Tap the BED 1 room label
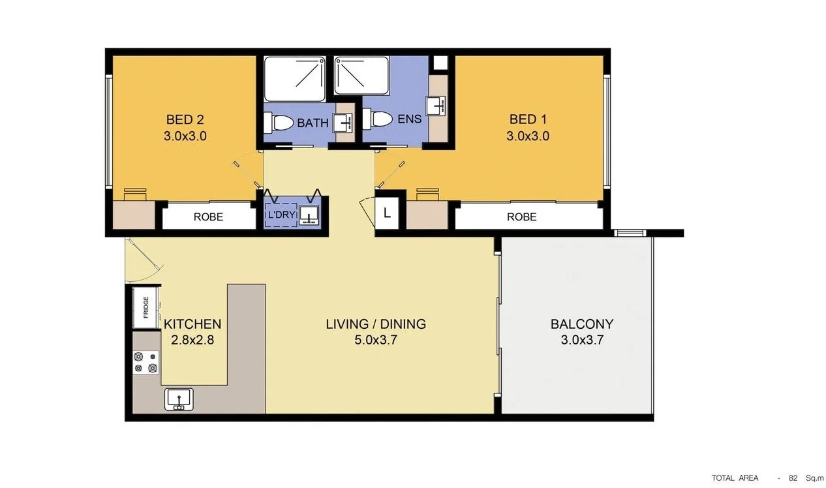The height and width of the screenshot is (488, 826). [x=527, y=120]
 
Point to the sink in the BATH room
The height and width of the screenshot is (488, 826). [x=343, y=122]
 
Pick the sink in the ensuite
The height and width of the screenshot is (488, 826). [x=435, y=104]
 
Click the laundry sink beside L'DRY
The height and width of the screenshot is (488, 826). [x=309, y=215]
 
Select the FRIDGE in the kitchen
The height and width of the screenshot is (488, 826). [x=145, y=307]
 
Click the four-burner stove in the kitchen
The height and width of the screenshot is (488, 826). [x=146, y=362]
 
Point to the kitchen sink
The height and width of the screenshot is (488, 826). [x=177, y=397]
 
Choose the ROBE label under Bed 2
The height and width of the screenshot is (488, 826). [x=208, y=217]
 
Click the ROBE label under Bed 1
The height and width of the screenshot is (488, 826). [x=521, y=217]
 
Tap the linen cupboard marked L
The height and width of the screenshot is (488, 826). [x=387, y=213]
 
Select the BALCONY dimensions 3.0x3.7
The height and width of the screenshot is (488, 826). [x=582, y=341]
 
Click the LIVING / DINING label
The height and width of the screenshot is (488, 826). [x=376, y=324]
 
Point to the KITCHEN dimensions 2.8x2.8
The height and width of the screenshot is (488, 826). [x=192, y=340]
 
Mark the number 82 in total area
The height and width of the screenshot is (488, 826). [x=793, y=478]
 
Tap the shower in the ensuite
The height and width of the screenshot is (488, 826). [x=361, y=76]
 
